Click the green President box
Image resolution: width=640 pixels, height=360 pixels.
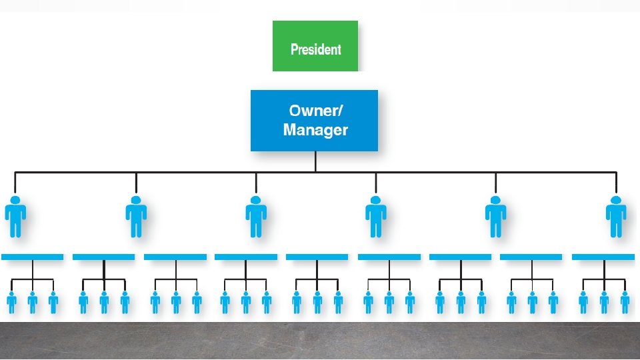pyautogui.click(x=315, y=46)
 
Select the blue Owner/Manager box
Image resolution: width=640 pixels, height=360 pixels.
pyautogui.click(x=314, y=121)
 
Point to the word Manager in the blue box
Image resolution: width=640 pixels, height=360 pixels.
pyautogui.click(x=315, y=130)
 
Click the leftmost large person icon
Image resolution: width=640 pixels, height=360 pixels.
pyautogui.click(x=15, y=217)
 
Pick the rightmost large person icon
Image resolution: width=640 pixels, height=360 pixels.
pyautogui.click(x=615, y=217)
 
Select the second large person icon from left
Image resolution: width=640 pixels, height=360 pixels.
pyautogui.click(x=136, y=217)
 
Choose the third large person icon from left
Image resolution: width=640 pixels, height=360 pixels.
pyautogui.click(x=256, y=217)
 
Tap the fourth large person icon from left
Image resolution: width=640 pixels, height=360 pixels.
pyautogui.click(x=375, y=217)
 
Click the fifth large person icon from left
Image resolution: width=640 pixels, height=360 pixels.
pyautogui.click(x=495, y=217)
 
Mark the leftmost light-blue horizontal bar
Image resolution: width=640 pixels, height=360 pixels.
pyautogui.click(x=32, y=257)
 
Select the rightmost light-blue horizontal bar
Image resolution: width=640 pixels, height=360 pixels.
pyautogui.click(x=603, y=257)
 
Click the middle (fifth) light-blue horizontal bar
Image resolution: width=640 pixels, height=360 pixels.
pyautogui.click(x=317, y=257)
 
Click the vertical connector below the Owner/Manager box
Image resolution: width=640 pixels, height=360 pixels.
pyautogui.click(x=315, y=161)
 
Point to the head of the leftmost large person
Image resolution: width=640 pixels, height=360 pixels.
pyautogui.click(x=15, y=200)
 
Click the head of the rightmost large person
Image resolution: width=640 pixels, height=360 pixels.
pyautogui.click(x=615, y=200)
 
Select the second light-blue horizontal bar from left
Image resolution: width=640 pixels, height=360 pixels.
pyautogui.click(x=103, y=257)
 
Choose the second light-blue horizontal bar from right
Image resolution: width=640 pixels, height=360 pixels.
pyautogui.click(x=531, y=257)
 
